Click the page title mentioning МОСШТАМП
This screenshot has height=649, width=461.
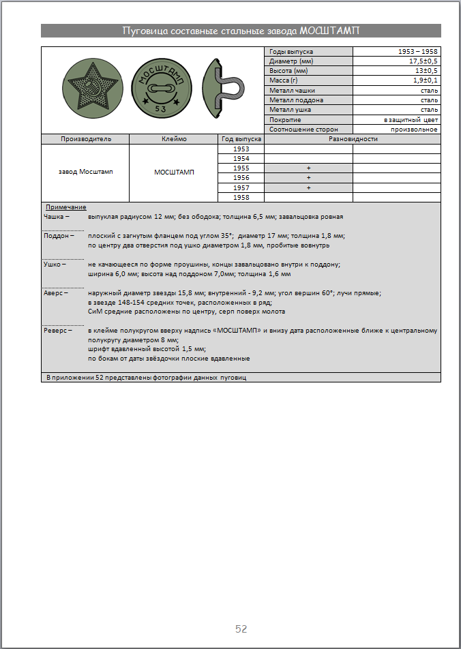coord(241,31)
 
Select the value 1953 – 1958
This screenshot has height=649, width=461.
coord(418,52)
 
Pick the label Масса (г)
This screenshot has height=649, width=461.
coord(285,80)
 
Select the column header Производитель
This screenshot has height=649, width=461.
coord(85,139)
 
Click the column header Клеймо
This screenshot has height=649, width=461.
coord(173,139)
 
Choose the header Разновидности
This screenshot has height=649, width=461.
coord(353,139)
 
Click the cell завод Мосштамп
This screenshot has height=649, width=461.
coord(85,172)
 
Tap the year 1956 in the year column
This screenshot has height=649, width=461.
coord(241,178)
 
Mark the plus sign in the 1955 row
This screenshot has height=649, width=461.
coord(308,168)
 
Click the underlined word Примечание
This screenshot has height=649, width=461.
coord(65,207)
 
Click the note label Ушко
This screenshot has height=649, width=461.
coord(55,264)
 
